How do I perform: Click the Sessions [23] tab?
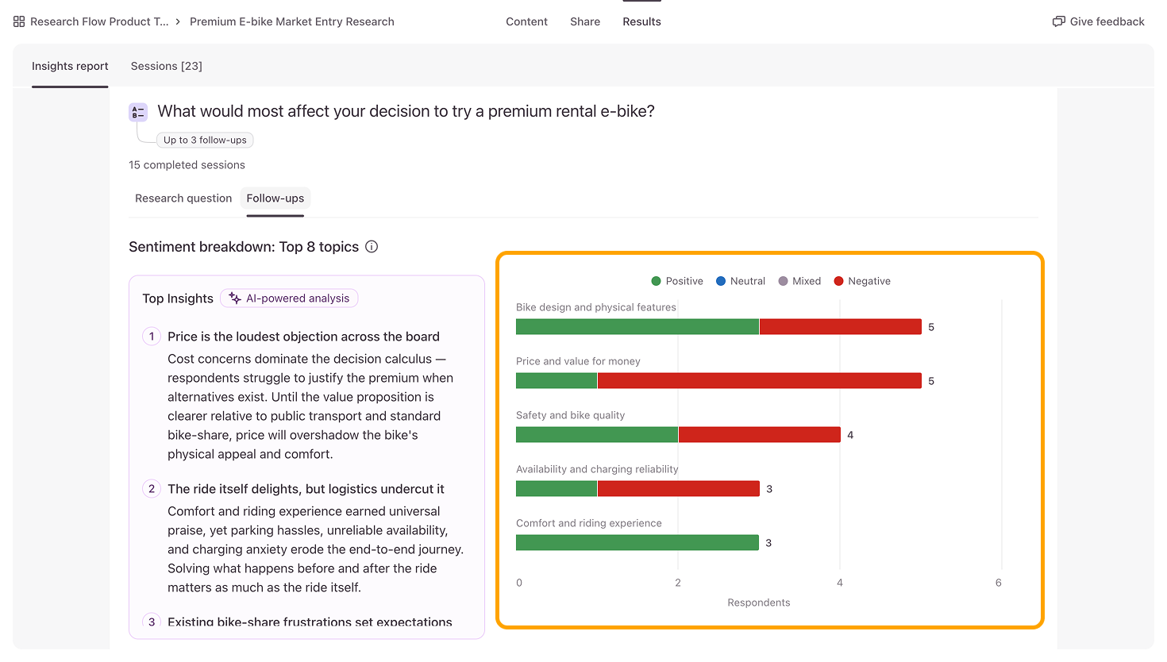166,66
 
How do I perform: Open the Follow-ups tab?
275,198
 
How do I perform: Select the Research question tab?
183,198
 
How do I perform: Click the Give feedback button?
1098,21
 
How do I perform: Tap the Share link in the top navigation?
585,21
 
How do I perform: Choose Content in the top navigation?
526,21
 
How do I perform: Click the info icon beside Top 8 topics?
372,247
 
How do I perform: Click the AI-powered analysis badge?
289,298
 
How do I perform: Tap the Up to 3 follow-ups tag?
205,140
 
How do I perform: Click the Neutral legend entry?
741,281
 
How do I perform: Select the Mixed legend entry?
799,281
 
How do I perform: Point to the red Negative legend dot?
839,281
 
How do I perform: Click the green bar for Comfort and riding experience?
637,543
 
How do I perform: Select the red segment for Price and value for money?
760,381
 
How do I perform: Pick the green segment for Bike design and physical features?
637,326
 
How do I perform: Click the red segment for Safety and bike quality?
760,434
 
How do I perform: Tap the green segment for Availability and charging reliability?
557,488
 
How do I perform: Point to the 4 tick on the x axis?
840,583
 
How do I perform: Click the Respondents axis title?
759,602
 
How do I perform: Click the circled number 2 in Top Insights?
152,489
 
